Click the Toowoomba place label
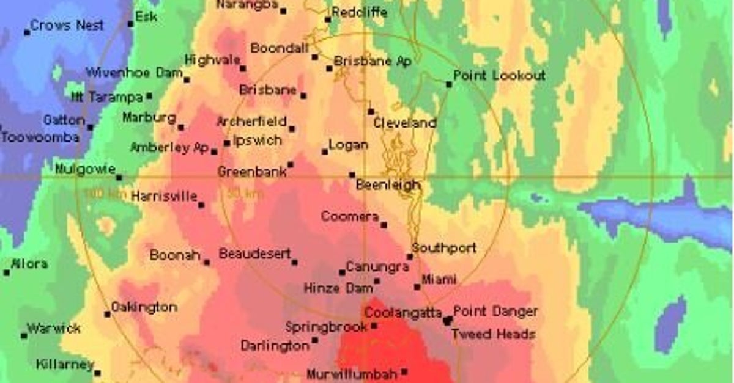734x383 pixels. coord(40,137)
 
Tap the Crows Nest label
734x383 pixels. coord(67,26)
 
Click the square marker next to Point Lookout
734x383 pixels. coord(449,84)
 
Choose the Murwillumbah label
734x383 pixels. coord(352,374)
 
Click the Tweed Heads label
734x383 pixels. coord(493,334)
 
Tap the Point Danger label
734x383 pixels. coord(495,312)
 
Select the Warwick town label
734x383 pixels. coord(54,329)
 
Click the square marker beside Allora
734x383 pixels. coord(7,272)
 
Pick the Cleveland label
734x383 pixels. coord(405,123)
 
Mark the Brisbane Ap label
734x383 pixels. coord(373,61)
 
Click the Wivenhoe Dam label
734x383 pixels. coord(135,73)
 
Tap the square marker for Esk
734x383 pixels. coord(130,24)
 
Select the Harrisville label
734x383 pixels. coord(164,197)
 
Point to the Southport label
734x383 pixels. coord(444,249)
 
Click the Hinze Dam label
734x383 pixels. coord(338,288)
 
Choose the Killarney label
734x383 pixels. coord(64,365)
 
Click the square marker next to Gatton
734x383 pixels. coord(91,128)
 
